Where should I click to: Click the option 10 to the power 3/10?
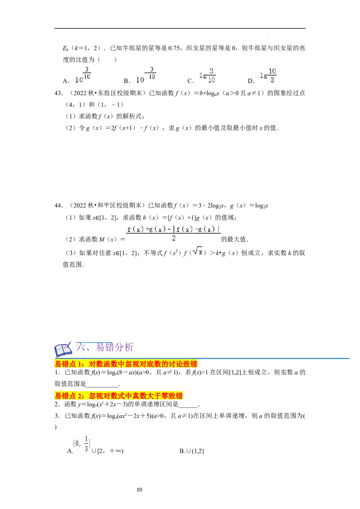(x=83, y=76)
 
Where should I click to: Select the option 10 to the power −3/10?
(x=146, y=76)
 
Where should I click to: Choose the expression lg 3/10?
(x=207, y=76)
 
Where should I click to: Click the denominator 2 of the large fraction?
(x=173, y=239)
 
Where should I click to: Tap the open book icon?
(x=63, y=349)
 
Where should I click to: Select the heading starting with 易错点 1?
(x=126, y=364)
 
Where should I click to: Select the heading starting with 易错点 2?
(x=119, y=396)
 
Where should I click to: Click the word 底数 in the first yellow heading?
(x=154, y=364)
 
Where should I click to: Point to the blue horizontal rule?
(x=274, y=358)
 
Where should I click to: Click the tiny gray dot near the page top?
(x=268, y=34)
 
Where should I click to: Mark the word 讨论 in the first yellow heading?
(x=177, y=364)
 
